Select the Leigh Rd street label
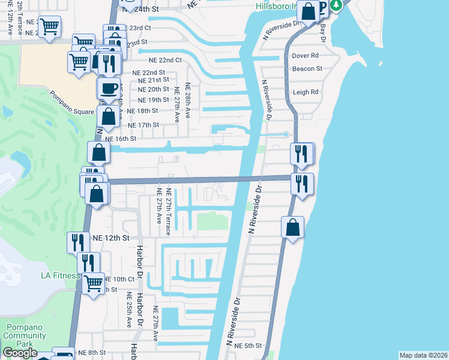click(306, 92)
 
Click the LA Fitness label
click(60, 275)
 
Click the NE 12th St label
click(111, 238)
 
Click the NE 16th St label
click(121, 138)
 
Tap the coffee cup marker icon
click(108, 89)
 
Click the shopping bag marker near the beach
click(292, 228)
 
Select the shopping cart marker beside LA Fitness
click(92, 283)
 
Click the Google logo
click(20, 353)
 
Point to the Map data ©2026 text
click(423, 355)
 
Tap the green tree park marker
click(337, 5)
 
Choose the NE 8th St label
click(91, 353)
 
